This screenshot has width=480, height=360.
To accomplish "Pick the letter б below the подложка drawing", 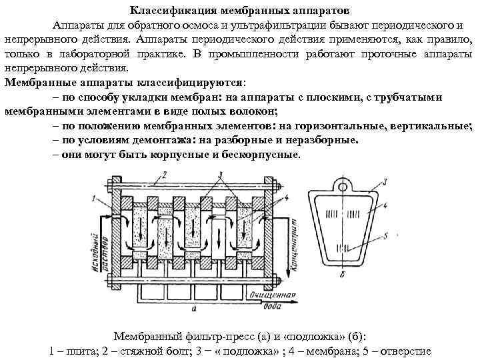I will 343,274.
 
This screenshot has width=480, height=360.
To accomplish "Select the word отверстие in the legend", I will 405,351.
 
